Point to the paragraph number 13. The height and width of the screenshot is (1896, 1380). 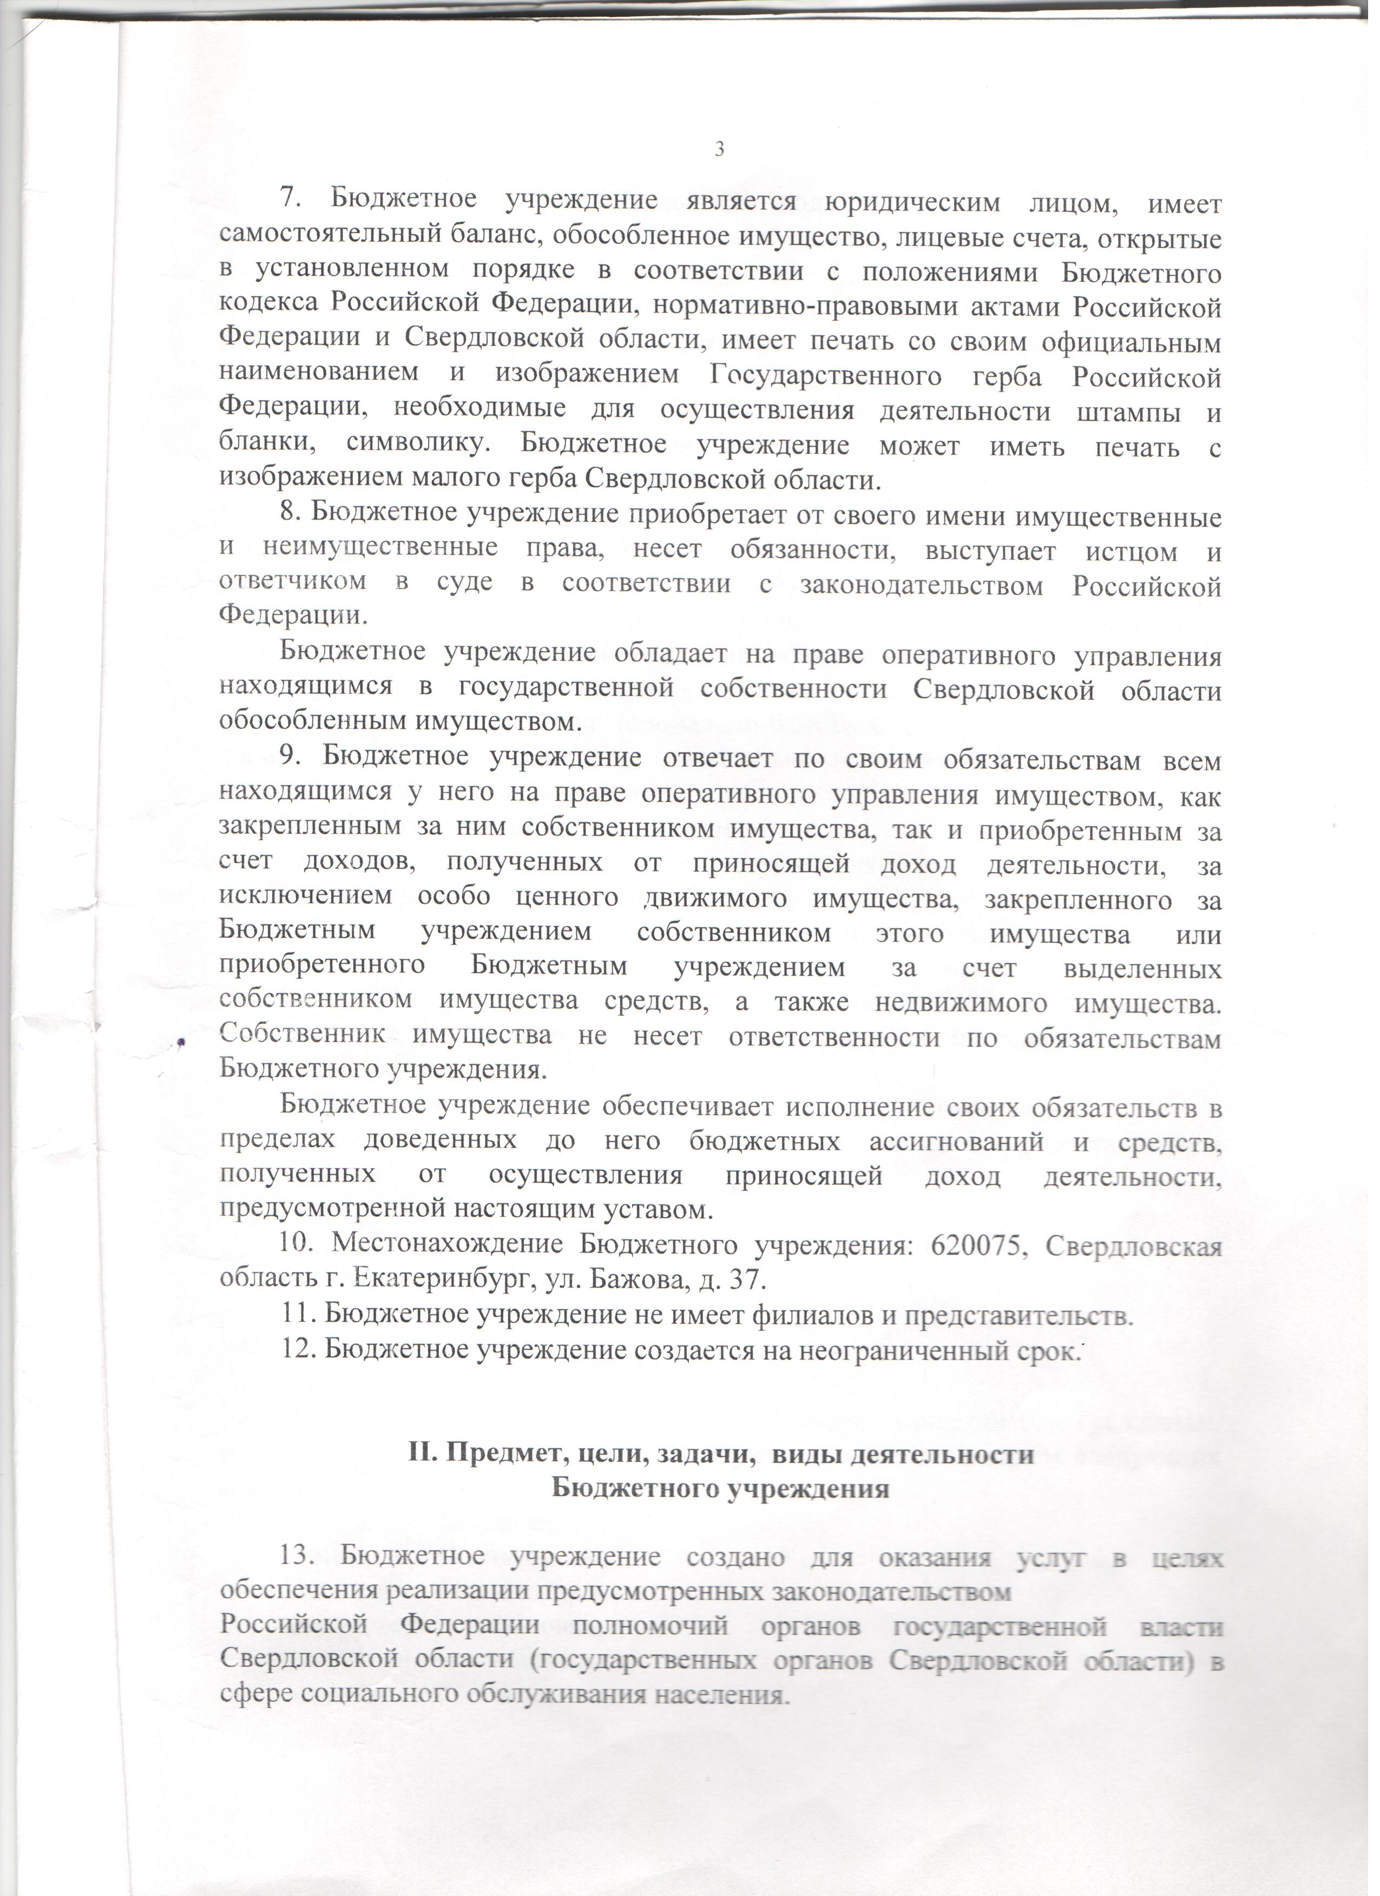click(295, 1557)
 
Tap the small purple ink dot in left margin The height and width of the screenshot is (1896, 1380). click(180, 1042)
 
